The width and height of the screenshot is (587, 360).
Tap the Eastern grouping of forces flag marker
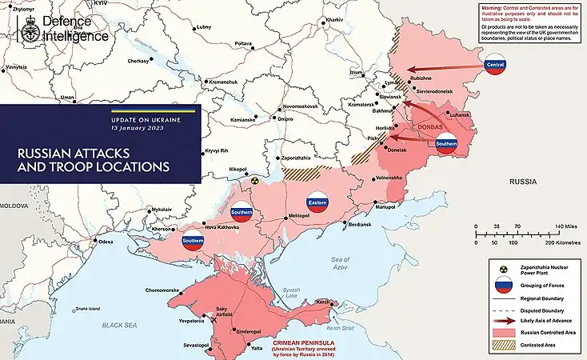[317, 202]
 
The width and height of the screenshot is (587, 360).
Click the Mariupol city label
[385, 207]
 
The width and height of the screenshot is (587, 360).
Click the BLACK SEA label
[119, 326]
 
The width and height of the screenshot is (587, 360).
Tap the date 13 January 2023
[139, 128]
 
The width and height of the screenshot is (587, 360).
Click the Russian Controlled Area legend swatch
[502, 331]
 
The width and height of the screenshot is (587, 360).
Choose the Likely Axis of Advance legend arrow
[502, 319]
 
